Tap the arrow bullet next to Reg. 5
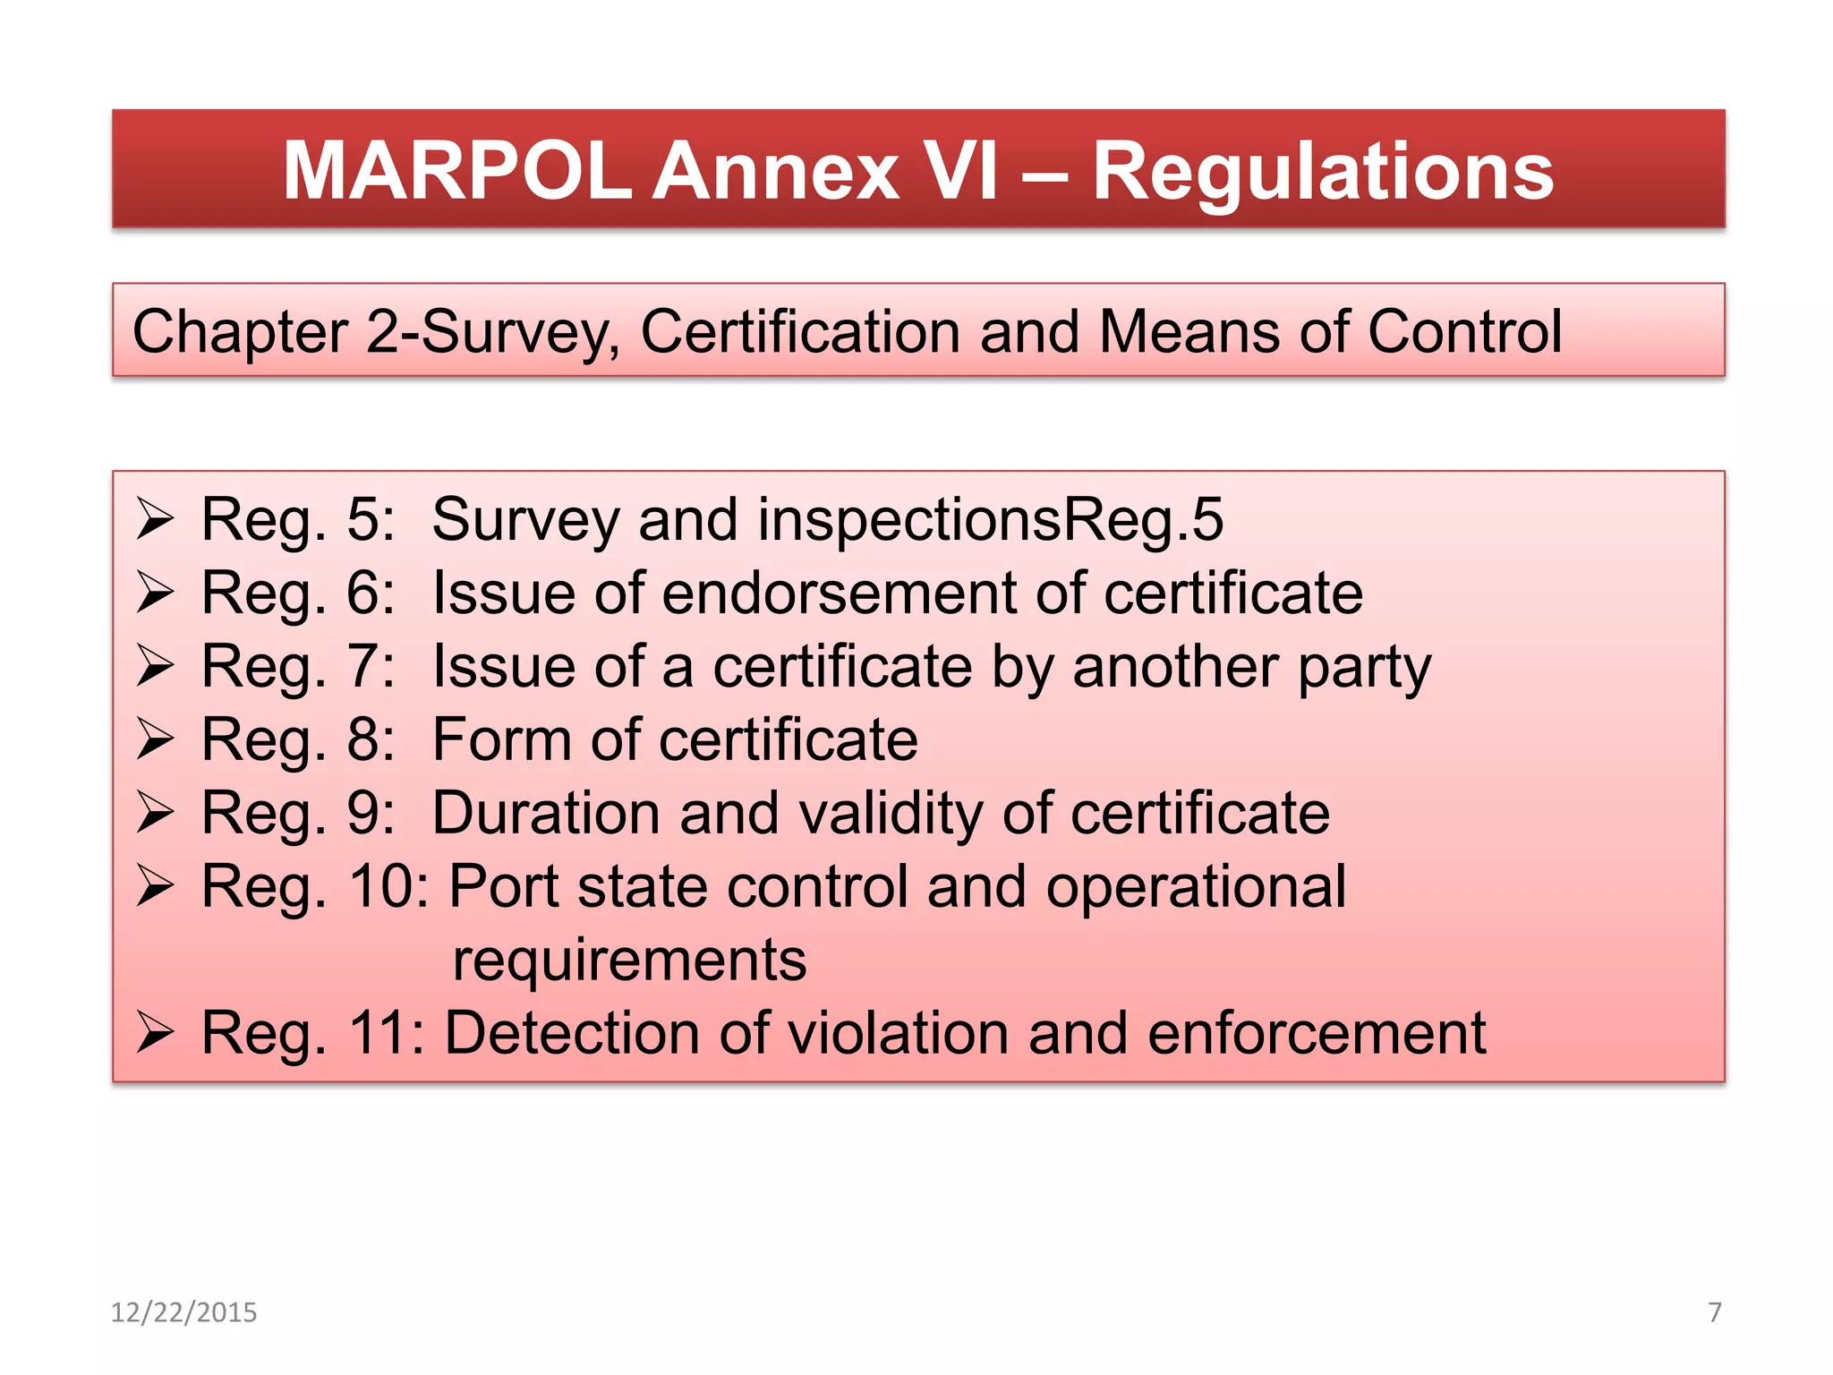pyautogui.click(x=155, y=520)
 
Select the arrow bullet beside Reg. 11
pyautogui.click(x=155, y=1034)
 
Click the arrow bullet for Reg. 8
pyautogui.click(x=155, y=740)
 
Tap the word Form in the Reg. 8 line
pyautogui.click(x=501, y=740)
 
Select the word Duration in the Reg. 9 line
pyautogui.click(x=546, y=814)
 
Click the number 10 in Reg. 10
pyautogui.click(x=379, y=887)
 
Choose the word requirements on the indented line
pyautogui.click(x=629, y=961)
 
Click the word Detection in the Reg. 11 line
pyautogui.click(x=572, y=1034)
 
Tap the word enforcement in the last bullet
pyautogui.click(x=1316, y=1034)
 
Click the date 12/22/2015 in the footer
pyautogui.click(x=183, y=1312)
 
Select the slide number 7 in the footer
pyautogui.click(x=1715, y=1312)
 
